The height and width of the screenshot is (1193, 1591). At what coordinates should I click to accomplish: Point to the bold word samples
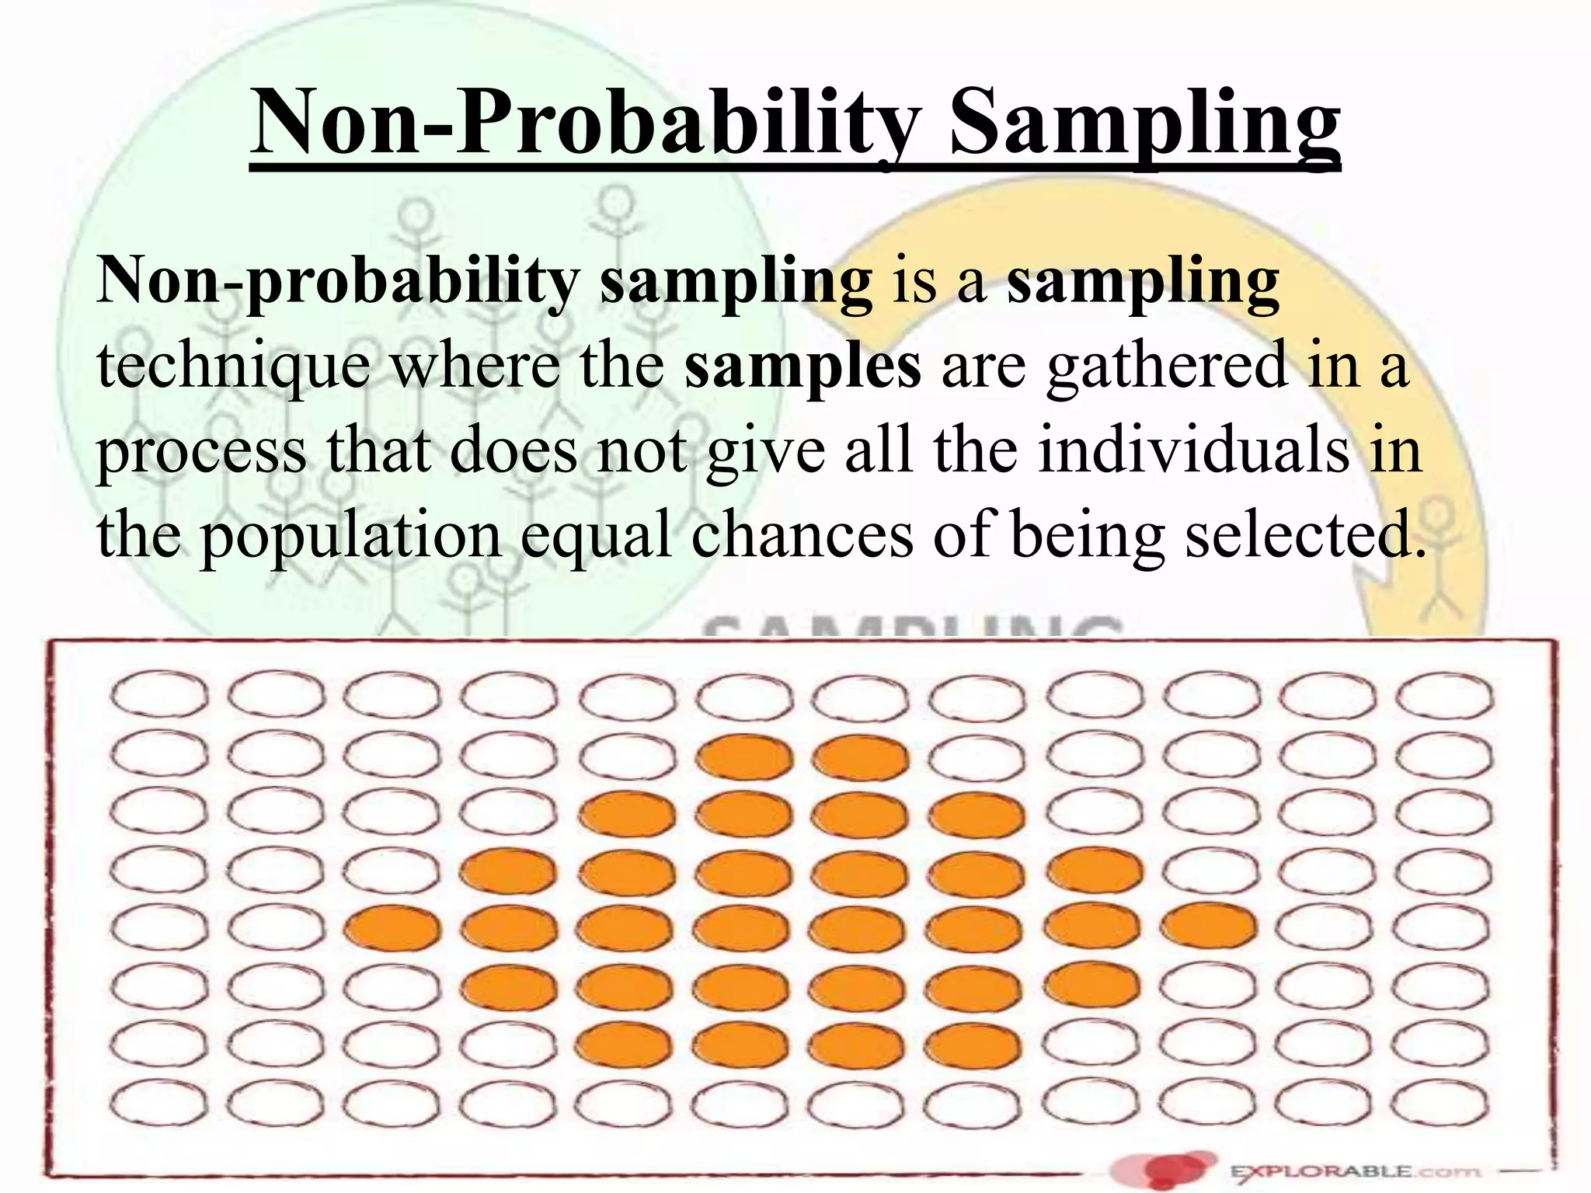[x=802, y=365]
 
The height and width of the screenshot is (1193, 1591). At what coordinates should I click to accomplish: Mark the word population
[x=351, y=537]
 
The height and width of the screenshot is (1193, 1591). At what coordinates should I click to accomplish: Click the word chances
[x=802, y=535]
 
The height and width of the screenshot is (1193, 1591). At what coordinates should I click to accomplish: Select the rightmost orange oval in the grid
[x=1209, y=926]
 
